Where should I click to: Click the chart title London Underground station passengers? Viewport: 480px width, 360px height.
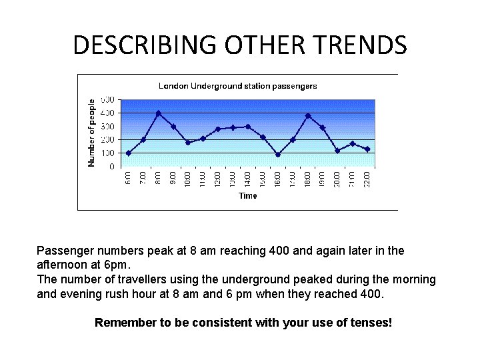click(237, 86)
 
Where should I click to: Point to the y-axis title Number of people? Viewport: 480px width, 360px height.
click(92, 133)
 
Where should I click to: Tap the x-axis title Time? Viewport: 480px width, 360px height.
click(247, 196)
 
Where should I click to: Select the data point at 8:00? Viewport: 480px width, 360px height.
click(158, 113)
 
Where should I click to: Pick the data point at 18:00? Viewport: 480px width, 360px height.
click(308, 116)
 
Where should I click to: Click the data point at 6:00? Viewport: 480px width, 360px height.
click(128, 153)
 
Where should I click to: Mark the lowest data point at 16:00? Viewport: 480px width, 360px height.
click(278, 155)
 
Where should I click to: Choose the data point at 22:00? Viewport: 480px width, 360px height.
click(367, 149)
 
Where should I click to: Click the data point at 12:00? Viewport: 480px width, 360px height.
click(218, 129)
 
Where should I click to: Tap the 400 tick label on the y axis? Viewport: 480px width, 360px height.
click(107, 113)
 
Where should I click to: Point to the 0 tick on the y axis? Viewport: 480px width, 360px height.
click(111, 167)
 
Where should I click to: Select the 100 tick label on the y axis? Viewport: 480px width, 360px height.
click(107, 153)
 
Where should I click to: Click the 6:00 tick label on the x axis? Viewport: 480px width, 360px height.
click(128, 179)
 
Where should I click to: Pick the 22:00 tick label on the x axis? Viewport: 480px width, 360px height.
click(367, 179)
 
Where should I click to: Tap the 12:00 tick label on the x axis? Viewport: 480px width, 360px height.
click(218, 179)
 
